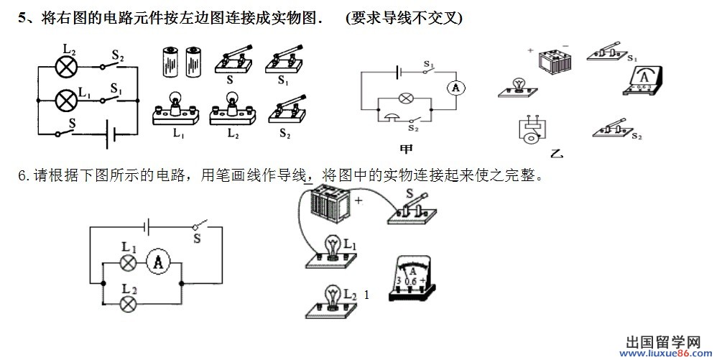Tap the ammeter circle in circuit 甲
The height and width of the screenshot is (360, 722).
(454, 88)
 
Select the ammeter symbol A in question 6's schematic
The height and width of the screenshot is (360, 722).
(157, 263)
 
